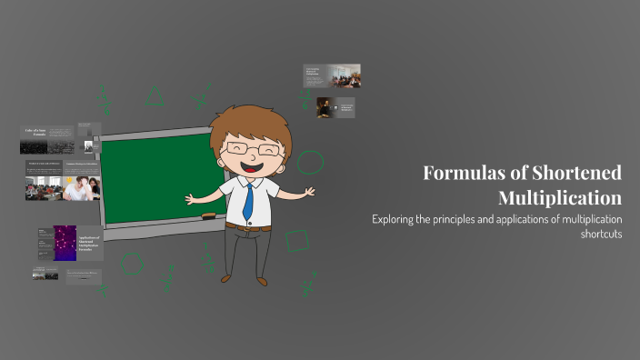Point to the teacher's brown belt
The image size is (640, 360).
[246, 225]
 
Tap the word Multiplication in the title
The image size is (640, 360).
[560, 197]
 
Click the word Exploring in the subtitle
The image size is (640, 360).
[396, 219]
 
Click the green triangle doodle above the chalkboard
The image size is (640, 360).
[155, 95]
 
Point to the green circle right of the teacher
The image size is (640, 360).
[310, 163]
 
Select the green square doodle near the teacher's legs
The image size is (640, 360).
[296, 240]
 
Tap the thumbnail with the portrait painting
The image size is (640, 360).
[323, 107]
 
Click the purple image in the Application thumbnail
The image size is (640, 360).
[65, 243]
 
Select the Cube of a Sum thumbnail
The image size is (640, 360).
[47, 140]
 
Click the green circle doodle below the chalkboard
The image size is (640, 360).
[132, 264]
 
